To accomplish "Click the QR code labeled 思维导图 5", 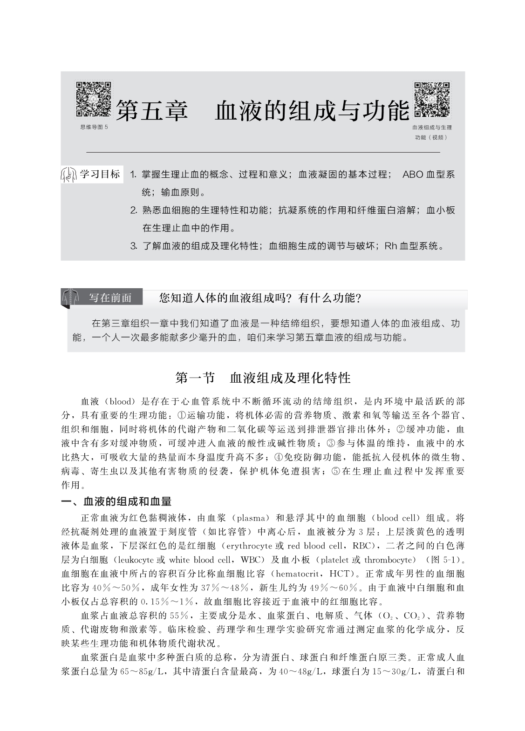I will (93, 99).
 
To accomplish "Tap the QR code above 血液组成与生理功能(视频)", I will (432, 99).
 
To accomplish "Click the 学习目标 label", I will (100, 175).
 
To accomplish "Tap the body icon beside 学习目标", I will (68, 175).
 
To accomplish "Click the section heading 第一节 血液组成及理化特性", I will (263, 378).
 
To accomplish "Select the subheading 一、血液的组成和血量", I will (116, 501).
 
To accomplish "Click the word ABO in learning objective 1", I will (412, 175).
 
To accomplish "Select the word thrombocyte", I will (389, 560).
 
